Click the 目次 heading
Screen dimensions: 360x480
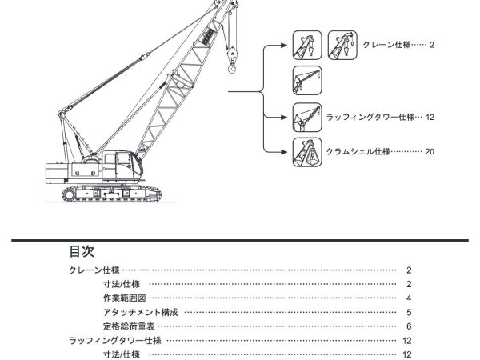tap(82, 250)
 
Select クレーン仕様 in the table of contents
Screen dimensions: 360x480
tap(94, 270)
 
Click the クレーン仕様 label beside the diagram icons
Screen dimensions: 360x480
tap(389, 45)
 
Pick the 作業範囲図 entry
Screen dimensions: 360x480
tap(124, 298)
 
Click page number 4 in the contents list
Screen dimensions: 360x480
tap(408, 298)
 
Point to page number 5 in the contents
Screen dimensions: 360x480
tap(408, 312)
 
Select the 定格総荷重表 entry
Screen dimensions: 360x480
tap(130, 326)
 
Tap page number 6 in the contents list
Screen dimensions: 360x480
tap(408, 326)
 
